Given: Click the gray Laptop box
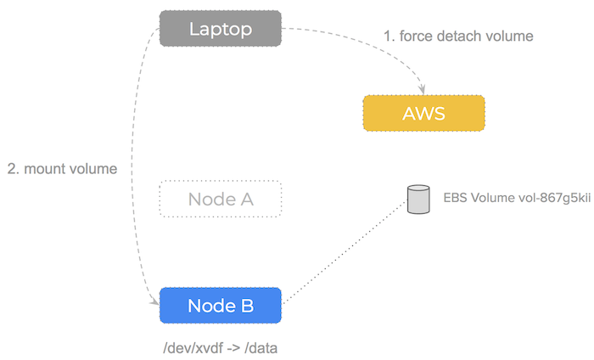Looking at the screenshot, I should click(x=221, y=29).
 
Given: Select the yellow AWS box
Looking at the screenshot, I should click(x=423, y=113).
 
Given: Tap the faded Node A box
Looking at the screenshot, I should click(x=221, y=200).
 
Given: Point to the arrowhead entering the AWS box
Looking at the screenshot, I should click(x=423, y=91).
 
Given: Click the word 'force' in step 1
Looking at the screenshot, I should click(x=417, y=37).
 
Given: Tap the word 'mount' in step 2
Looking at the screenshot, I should click(x=44, y=169).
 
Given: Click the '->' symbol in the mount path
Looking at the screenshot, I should click(x=228, y=348).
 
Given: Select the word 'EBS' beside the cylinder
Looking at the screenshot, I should click(x=456, y=200).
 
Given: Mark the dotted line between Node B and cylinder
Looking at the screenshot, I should click(x=344, y=252).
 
